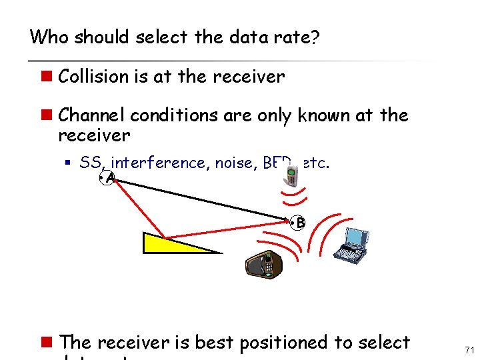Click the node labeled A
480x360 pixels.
(109, 178)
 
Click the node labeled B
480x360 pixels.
(299, 223)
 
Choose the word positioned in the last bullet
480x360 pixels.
(283, 343)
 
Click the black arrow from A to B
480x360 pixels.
(200, 198)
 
